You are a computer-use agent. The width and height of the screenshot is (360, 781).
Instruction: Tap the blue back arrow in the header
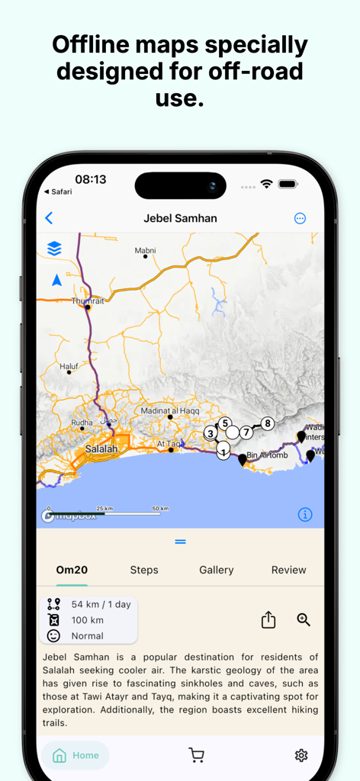[x=49, y=218]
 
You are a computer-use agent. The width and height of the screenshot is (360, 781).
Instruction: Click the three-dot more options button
[x=300, y=218]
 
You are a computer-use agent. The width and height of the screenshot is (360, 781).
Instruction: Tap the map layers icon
[x=54, y=249]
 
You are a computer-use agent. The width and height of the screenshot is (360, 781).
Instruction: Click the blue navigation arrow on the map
[x=56, y=281]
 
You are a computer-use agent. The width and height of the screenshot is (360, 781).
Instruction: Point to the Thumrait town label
[x=87, y=301]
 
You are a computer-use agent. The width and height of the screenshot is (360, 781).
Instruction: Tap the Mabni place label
[x=145, y=250]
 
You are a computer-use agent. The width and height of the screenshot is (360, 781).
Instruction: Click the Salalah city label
[x=101, y=449]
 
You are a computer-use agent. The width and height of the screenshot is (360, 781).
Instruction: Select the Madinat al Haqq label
[x=169, y=411]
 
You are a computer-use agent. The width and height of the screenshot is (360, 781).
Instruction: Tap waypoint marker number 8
[x=267, y=423]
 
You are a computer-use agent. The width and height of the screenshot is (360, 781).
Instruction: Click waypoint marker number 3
[x=210, y=433]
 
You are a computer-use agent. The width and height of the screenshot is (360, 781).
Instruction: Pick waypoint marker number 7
[x=246, y=432]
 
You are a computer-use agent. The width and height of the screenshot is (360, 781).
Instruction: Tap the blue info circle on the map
[x=304, y=515]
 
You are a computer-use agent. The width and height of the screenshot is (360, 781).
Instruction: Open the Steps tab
[x=144, y=570]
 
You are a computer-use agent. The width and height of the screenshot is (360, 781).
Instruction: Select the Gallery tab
[x=217, y=570]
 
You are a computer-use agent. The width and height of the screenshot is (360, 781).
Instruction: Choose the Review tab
[x=289, y=570]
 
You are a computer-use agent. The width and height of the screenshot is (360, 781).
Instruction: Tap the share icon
[x=268, y=620]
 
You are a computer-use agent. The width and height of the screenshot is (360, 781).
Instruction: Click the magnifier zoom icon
[x=304, y=619]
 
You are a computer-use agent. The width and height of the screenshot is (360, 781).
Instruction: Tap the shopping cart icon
[x=196, y=755]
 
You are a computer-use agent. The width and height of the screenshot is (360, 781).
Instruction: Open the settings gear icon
[x=301, y=755]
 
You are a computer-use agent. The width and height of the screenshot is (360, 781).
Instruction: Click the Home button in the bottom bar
[x=76, y=755]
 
